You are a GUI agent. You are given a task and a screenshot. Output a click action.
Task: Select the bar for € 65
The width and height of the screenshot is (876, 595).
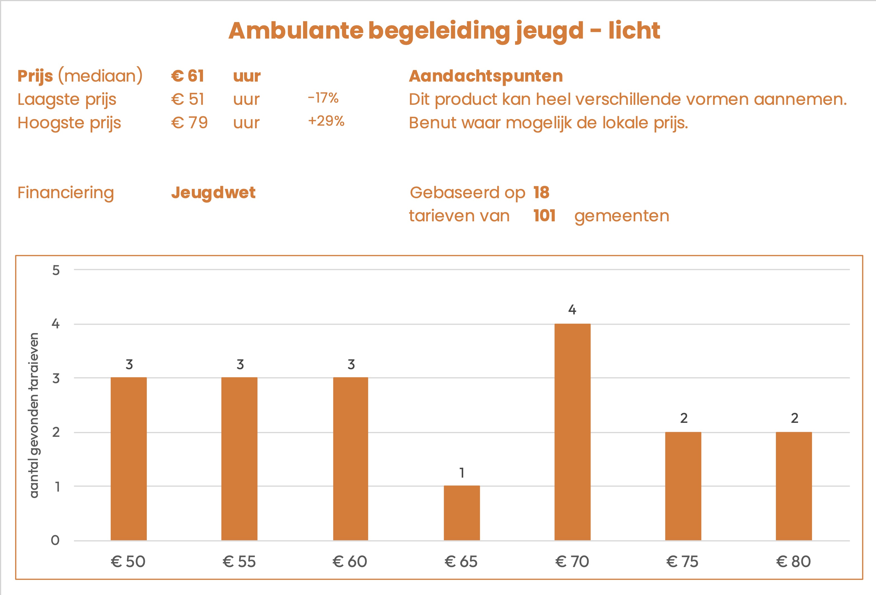point(462,513)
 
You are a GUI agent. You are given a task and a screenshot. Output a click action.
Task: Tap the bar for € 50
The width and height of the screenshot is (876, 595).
point(129,459)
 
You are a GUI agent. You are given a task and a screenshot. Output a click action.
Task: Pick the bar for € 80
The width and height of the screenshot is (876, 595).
point(794,486)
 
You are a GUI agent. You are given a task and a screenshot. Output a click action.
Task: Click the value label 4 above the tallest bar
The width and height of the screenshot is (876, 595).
point(572,310)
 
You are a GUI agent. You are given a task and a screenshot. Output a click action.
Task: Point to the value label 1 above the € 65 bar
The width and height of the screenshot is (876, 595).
point(462,473)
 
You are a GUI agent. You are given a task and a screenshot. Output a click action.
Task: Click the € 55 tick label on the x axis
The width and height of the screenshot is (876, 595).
point(239,561)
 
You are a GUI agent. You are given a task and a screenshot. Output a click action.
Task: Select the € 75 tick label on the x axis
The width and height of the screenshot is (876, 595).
point(682,561)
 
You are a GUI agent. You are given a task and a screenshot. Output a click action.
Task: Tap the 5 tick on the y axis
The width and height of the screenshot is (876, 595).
point(56,270)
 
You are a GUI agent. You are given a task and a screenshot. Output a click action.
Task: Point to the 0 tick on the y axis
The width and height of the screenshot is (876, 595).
point(55,540)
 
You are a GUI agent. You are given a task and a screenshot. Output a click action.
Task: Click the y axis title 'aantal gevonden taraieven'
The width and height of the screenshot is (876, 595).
point(34,415)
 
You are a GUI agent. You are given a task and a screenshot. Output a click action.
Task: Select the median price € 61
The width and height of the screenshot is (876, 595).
point(188,76)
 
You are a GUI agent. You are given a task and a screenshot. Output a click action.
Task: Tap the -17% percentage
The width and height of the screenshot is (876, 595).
point(323,98)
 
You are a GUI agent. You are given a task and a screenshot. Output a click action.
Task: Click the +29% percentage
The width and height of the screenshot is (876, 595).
point(326,121)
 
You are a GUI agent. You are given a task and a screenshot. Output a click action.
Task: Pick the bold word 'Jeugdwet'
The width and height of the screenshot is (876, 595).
point(213,193)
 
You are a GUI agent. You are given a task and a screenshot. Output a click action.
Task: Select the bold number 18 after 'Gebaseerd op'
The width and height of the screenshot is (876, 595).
point(541,192)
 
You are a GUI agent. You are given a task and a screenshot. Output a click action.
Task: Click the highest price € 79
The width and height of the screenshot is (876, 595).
point(189,122)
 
